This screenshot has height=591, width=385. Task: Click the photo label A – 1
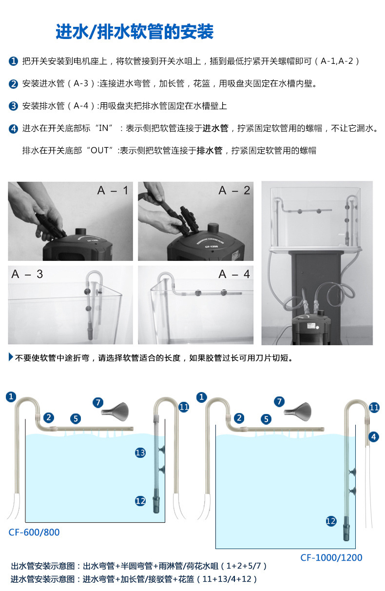click(113, 190)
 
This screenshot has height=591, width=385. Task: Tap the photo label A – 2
click(234, 190)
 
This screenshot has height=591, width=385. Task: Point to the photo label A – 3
click(27, 274)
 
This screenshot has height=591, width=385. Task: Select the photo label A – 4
click(234, 274)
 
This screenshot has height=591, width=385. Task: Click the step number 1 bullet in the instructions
click(13, 61)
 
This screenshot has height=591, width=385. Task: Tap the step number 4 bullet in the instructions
click(13, 129)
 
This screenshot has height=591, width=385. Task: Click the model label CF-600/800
click(34, 532)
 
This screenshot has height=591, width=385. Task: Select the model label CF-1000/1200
click(331, 557)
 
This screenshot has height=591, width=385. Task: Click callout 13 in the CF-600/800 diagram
click(140, 453)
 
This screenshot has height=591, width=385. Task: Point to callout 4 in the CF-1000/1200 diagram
click(374, 436)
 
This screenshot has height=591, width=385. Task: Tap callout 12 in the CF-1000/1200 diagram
click(331, 521)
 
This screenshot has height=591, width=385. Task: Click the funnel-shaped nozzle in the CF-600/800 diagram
click(115, 412)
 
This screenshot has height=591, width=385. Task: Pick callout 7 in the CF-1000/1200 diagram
click(280, 402)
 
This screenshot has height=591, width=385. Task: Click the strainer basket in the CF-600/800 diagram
click(156, 500)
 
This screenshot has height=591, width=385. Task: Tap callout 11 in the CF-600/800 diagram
click(184, 407)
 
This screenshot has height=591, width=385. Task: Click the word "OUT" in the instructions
click(100, 150)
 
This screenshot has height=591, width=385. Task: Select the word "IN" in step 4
click(103, 128)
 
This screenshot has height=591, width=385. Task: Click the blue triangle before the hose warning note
click(11, 357)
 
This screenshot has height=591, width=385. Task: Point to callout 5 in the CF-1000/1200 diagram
click(266, 419)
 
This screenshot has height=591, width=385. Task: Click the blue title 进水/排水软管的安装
click(135, 32)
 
